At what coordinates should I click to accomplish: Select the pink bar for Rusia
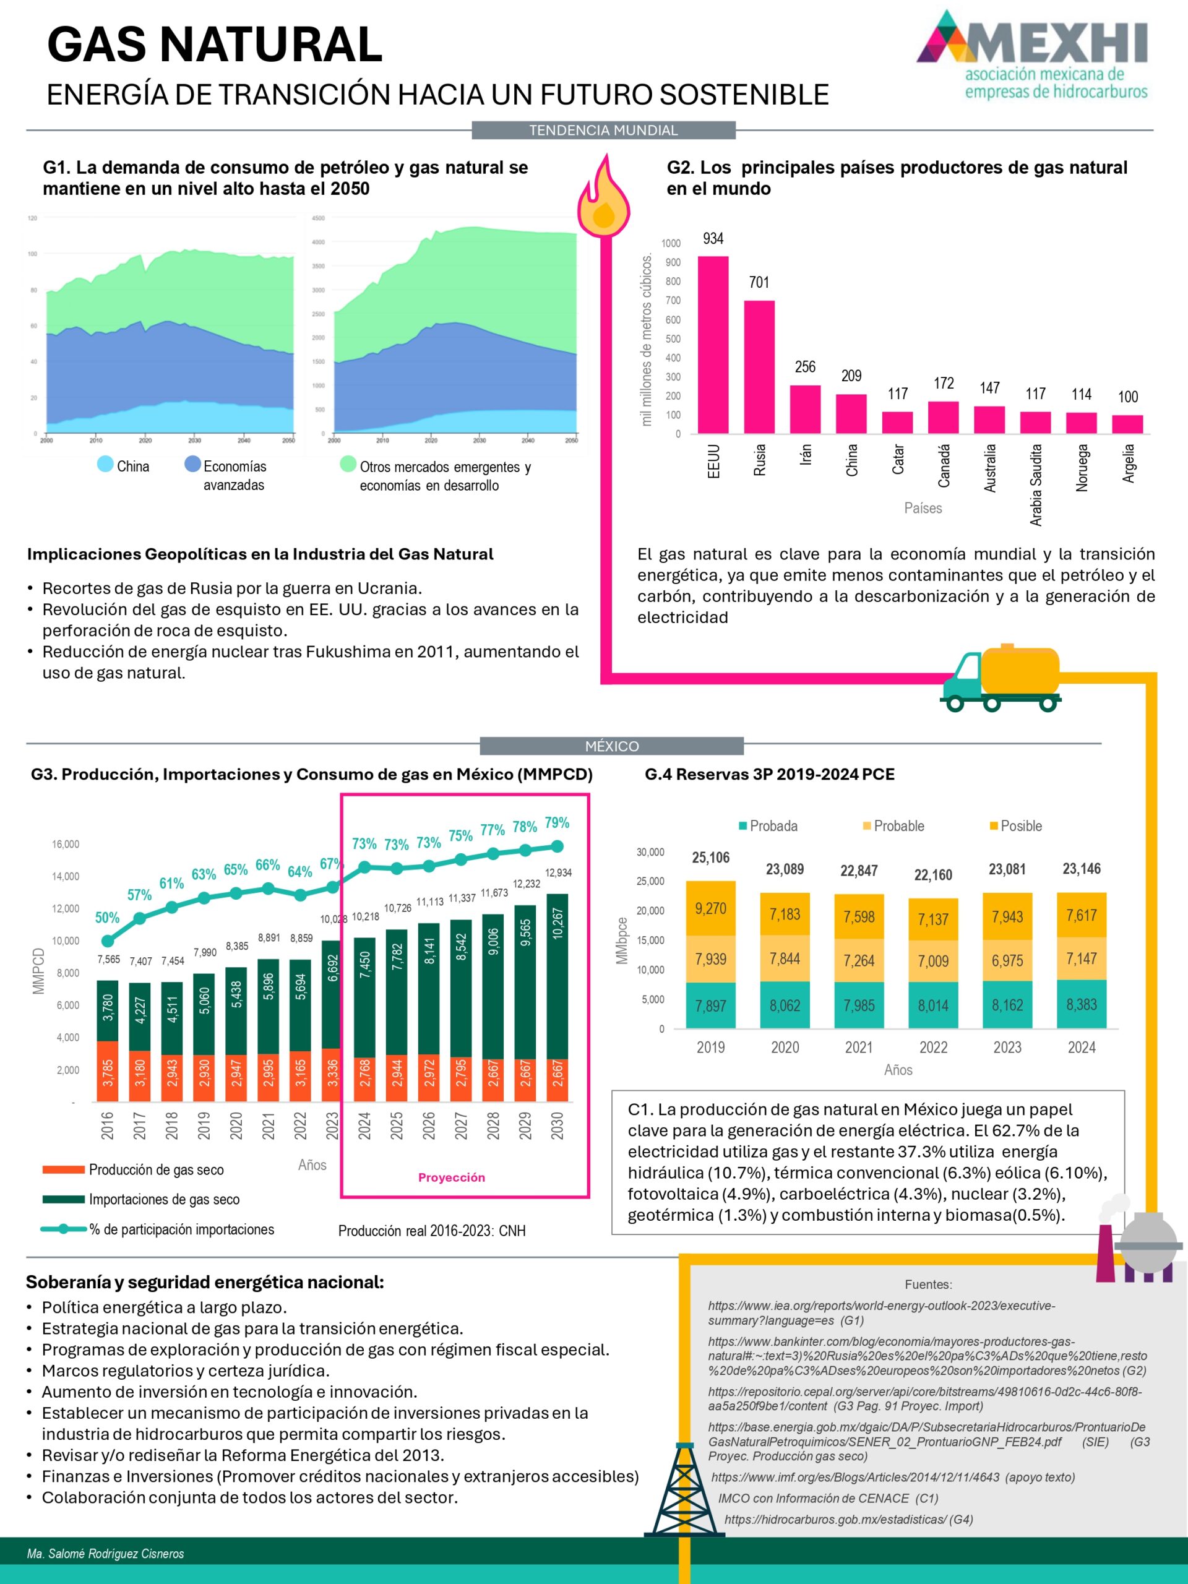[759, 367]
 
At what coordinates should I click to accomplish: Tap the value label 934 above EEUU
[713, 238]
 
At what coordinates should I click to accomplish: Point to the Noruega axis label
[1082, 468]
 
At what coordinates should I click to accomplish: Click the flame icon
[605, 196]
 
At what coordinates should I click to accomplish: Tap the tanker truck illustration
[1001, 676]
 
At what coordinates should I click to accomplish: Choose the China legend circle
[105, 464]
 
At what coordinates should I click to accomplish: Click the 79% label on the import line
[556, 823]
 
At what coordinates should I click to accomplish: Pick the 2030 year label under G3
[557, 1125]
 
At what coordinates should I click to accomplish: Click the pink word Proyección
[451, 1177]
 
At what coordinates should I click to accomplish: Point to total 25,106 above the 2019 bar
[710, 858]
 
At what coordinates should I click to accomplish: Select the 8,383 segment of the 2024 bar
[1082, 1005]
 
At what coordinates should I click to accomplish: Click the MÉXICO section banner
[611, 746]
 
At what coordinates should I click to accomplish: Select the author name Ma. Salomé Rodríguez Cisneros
[105, 1553]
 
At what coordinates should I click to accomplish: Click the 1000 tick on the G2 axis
[670, 243]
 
